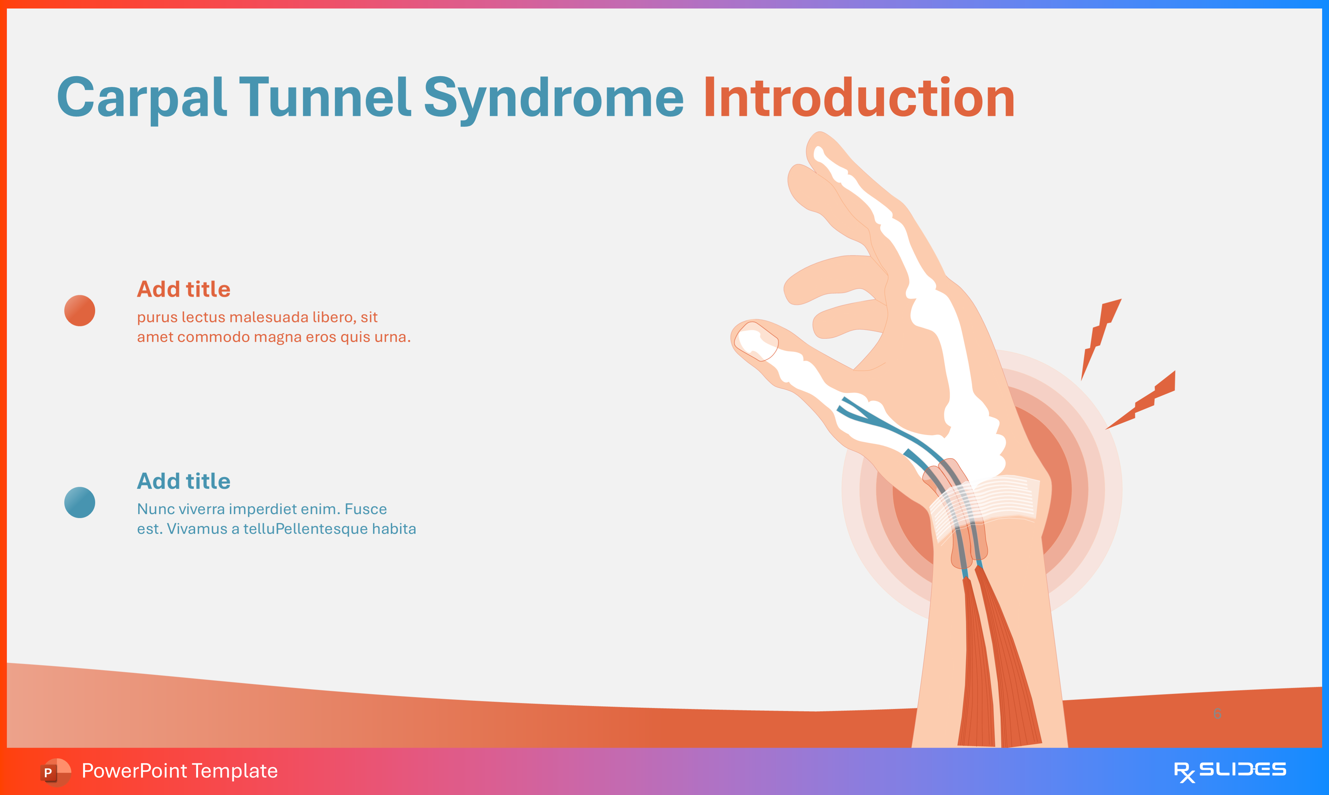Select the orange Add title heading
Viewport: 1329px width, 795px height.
tap(184, 289)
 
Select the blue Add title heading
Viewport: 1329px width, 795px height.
tap(184, 481)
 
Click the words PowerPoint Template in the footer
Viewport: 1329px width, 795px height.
tap(179, 771)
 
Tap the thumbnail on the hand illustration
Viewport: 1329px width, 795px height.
tap(756, 341)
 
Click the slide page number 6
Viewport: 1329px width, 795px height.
tap(1217, 713)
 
